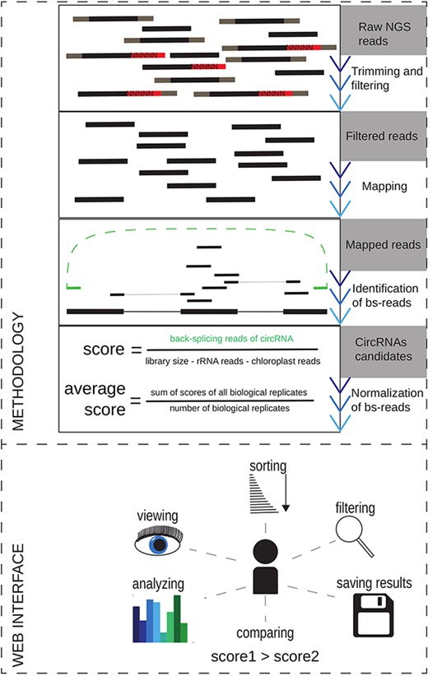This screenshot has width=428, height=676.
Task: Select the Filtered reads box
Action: pos(384,135)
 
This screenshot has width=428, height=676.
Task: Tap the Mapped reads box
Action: pos(384,244)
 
